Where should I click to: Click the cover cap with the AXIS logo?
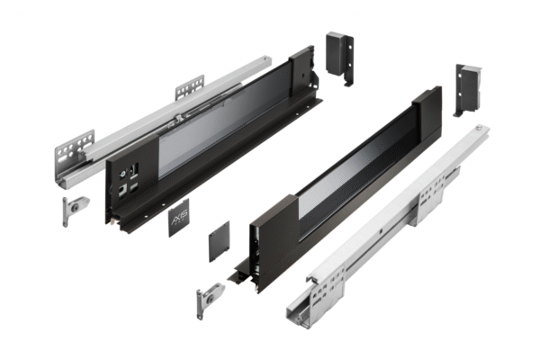177,218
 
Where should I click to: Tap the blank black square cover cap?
220,242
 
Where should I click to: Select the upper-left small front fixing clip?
68,208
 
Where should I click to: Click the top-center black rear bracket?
338,55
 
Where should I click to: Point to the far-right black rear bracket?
469,87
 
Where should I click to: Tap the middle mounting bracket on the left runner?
189,87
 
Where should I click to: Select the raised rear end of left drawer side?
301,73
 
